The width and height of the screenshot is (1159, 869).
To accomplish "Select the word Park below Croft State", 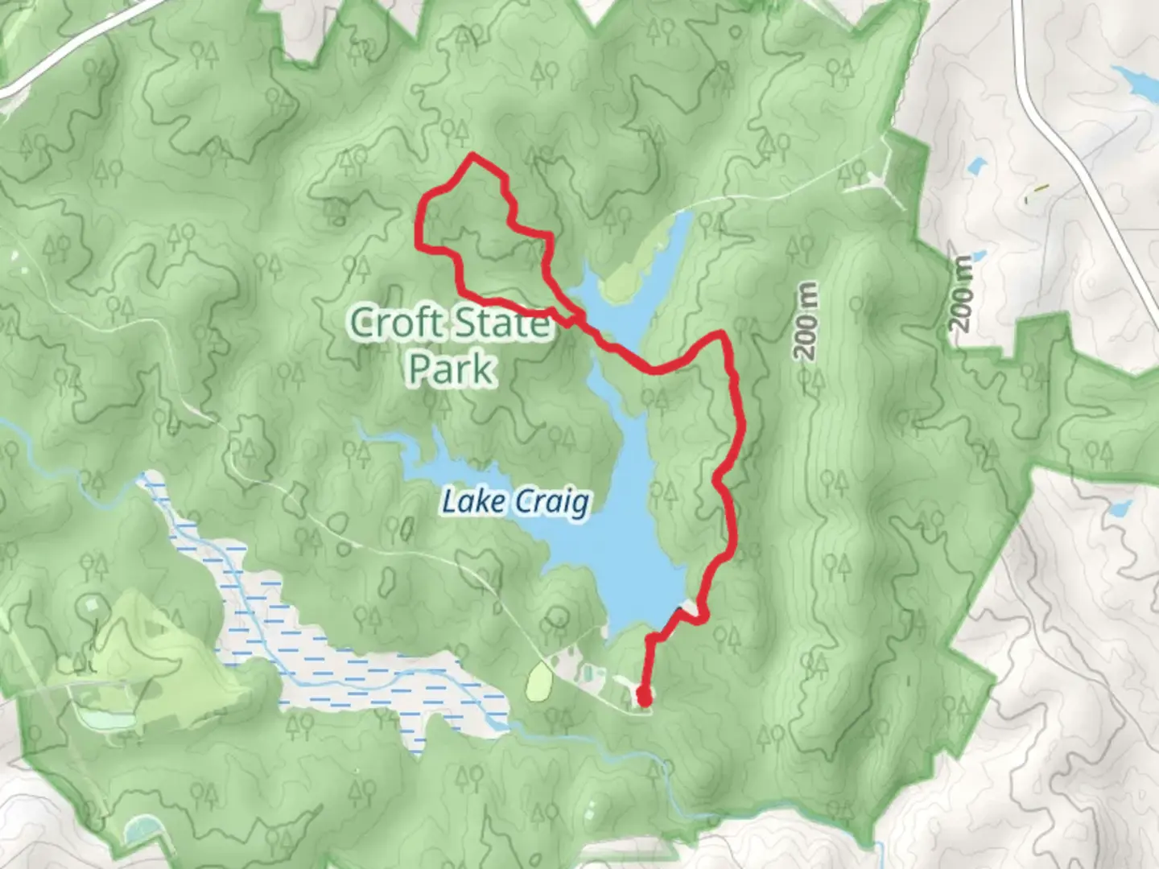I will pos(451,369).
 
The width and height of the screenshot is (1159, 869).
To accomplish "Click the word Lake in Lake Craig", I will pos(473,502).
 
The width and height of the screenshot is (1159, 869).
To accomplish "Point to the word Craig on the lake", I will pos(551,502).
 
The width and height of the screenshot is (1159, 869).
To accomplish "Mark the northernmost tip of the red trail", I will pos(472,154).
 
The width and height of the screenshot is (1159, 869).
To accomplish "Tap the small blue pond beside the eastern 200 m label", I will pos(976,167).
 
